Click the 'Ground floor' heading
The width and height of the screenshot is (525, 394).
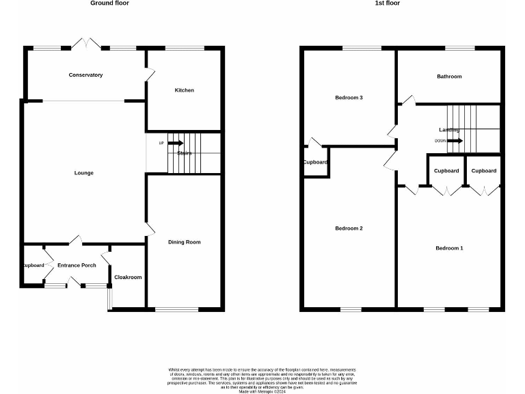tap(109, 3)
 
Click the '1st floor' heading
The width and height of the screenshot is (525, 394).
tap(388, 3)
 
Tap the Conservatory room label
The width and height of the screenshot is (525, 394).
tap(85, 75)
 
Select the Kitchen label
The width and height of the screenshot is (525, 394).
tap(184, 90)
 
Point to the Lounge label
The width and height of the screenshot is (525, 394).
tap(84, 173)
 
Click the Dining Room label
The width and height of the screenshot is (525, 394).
tap(185, 242)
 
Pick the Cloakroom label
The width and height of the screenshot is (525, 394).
tap(128, 277)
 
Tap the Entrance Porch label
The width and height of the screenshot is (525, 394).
tap(77, 265)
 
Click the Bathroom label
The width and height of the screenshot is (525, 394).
tap(449, 77)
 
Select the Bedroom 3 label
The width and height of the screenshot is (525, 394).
tap(349, 98)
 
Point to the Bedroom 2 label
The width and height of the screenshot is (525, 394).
tap(349, 228)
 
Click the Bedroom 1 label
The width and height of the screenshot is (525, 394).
tap(449, 248)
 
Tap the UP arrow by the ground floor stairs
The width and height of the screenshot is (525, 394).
tap(175, 143)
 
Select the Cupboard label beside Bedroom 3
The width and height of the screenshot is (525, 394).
tap(315, 162)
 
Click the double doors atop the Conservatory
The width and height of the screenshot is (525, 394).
tap(88, 44)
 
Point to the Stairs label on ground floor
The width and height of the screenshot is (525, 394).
tap(185, 153)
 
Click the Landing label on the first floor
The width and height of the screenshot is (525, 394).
tap(449, 129)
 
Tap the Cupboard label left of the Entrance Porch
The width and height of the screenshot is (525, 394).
tap(32, 265)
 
